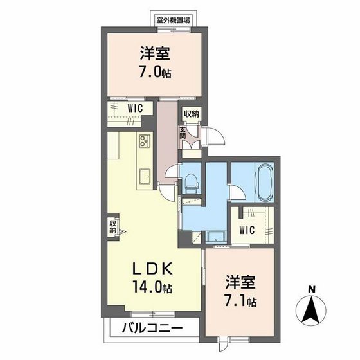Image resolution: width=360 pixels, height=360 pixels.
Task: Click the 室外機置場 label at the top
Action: coord(174,21)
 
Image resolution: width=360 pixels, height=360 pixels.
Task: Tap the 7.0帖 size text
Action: coord(153,71)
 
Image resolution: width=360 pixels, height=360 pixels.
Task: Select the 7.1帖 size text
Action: coord(241,300)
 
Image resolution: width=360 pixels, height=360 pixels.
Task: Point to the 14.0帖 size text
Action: coord(153,288)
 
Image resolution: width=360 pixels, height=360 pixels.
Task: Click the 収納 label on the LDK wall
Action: coord(113,226)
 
